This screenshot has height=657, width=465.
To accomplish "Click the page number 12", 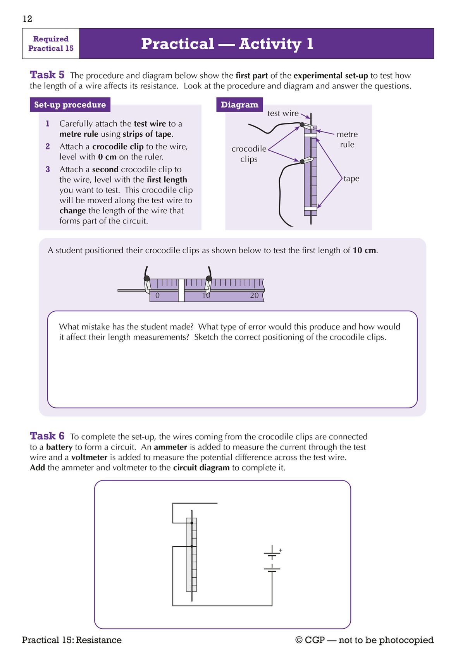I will click(x=28, y=19).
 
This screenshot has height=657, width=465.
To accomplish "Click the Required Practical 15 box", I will click(x=51, y=44).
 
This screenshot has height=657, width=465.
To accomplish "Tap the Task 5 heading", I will click(x=47, y=75).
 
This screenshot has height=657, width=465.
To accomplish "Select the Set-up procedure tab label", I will click(x=70, y=105).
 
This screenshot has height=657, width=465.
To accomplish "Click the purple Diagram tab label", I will click(x=239, y=105).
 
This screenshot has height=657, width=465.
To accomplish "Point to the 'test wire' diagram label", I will click(x=283, y=113).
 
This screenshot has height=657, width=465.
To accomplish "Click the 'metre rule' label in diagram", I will click(x=347, y=139).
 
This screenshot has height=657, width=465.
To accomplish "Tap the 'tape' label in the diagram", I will click(x=351, y=178).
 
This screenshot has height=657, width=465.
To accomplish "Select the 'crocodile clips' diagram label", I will click(x=249, y=154).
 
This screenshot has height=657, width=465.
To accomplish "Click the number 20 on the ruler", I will click(x=254, y=295).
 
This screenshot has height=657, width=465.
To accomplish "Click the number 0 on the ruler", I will click(x=157, y=295).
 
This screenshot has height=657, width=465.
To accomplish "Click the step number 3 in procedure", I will click(x=48, y=169).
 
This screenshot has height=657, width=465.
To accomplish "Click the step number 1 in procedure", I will click(x=48, y=124).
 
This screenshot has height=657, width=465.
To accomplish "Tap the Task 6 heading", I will click(x=47, y=436).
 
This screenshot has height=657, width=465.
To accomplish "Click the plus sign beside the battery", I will click(x=281, y=550).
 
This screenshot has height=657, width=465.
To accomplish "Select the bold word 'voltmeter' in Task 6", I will click(x=89, y=457).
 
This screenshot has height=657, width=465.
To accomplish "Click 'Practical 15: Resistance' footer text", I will click(x=72, y=640).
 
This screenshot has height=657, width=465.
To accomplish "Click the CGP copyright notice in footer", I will click(x=364, y=640).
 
